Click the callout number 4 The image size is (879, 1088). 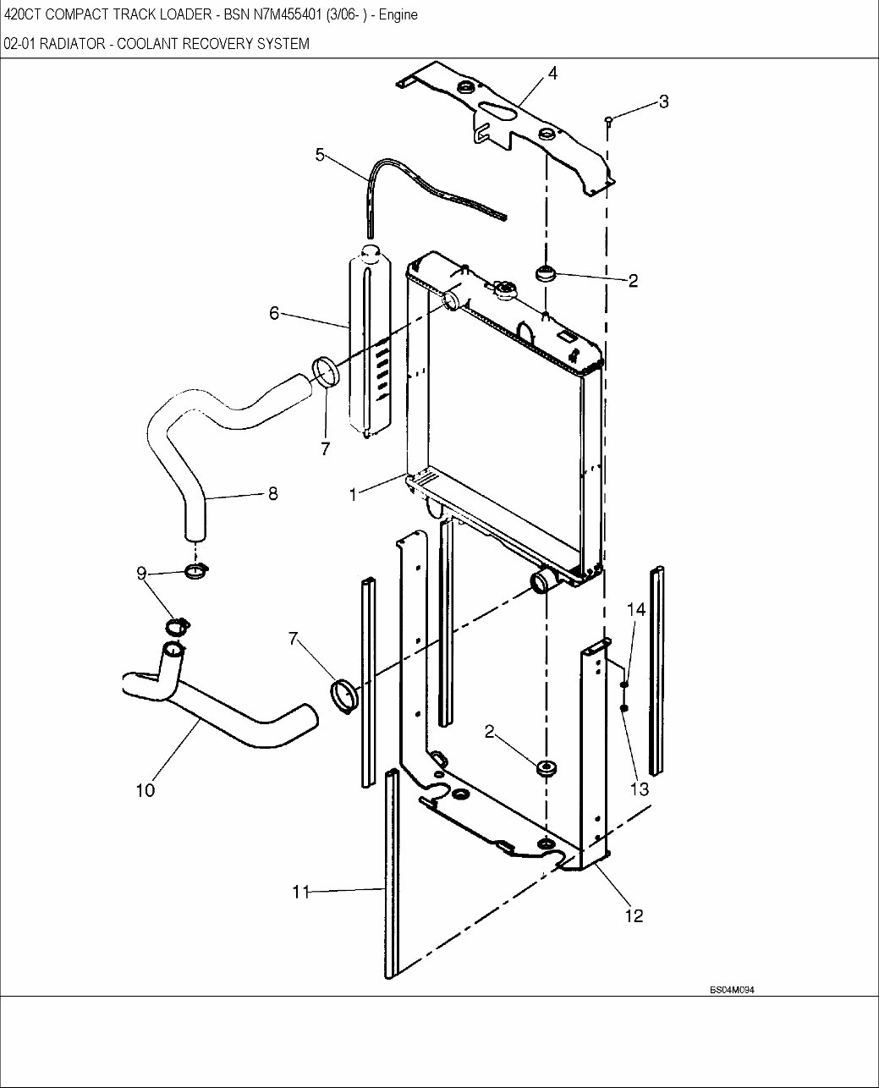pyautogui.click(x=552, y=74)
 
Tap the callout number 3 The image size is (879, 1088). pyautogui.click(x=663, y=102)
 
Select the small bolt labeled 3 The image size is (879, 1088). pyautogui.click(x=608, y=120)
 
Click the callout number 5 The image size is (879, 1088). pyautogui.click(x=320, y=154)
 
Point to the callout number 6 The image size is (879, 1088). pyautogui.click(x=274, y=312)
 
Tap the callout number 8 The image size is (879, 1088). pyautogui.click(x=272, y=493)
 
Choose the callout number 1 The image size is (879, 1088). pyautogui.click(x=353, y=494)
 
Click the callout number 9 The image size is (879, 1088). pyautogui.click(x=141, y=574)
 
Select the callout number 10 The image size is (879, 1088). pyautogui.click(x=145, y=790)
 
